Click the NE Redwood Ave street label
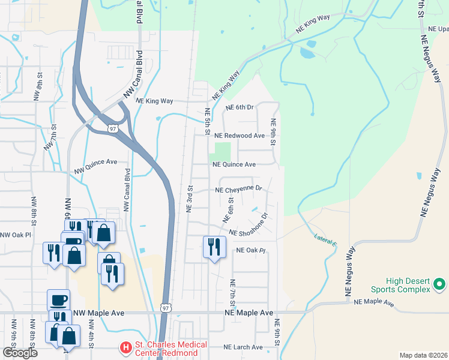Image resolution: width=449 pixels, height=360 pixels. click(x=240, y=136)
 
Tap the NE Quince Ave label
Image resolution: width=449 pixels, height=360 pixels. click(x=234, y=164)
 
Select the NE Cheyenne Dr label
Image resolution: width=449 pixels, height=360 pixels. click(x=239, y=189)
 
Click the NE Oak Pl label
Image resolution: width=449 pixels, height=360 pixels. click(x=250, y=250)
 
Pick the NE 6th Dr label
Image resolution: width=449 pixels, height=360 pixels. click(x=240, y=107)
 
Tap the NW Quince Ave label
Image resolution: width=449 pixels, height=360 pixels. click(x=95, y=167)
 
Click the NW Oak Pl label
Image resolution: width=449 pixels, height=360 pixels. click(x=15, y=235)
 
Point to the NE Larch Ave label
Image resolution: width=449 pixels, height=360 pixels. click(x=243, y=347)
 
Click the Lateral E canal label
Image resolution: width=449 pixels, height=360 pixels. click(x=325, y=238)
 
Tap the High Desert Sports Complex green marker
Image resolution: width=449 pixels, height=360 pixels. click(x=439, y=283)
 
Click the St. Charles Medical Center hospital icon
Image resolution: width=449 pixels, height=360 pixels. click(x=125, y=347)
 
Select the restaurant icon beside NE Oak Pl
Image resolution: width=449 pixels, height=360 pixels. click(x=214, y=247)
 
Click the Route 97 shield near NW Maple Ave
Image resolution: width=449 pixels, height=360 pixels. click(x=166, y=308)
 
